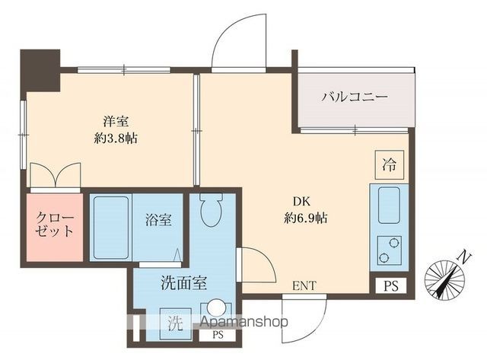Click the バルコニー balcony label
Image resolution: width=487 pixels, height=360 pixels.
click(x=355, y=97)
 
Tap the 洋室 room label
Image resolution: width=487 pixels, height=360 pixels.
click(x=116, y=120)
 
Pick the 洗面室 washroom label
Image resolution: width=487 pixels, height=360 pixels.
click(x=183, y=283)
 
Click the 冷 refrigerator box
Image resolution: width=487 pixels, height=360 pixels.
click(x=389, y=164)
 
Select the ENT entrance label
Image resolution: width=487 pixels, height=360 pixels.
click(x=304, y=286)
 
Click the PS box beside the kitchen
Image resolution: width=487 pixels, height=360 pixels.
click(x=390, y=285)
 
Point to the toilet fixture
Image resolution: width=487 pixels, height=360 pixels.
click(x=210, y=208)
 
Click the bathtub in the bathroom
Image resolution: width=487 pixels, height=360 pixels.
click(x=111, y=228)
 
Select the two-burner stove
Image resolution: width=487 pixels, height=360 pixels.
click(x=389, y=248)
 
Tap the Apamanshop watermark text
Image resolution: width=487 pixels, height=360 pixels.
click(x=242, y=322)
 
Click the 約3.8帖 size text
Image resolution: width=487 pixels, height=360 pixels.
click(x=116, y=138)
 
